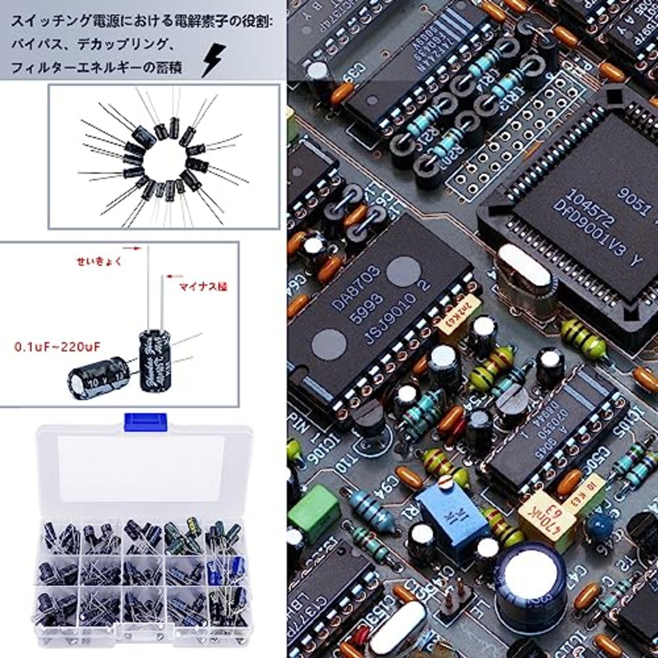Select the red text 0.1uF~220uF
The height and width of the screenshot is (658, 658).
coord(58,347)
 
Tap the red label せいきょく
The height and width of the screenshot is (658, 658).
coord(99,261)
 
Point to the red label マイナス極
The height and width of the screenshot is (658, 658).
coord(203,287)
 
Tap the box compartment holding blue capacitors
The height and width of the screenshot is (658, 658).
coord(226,571)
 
